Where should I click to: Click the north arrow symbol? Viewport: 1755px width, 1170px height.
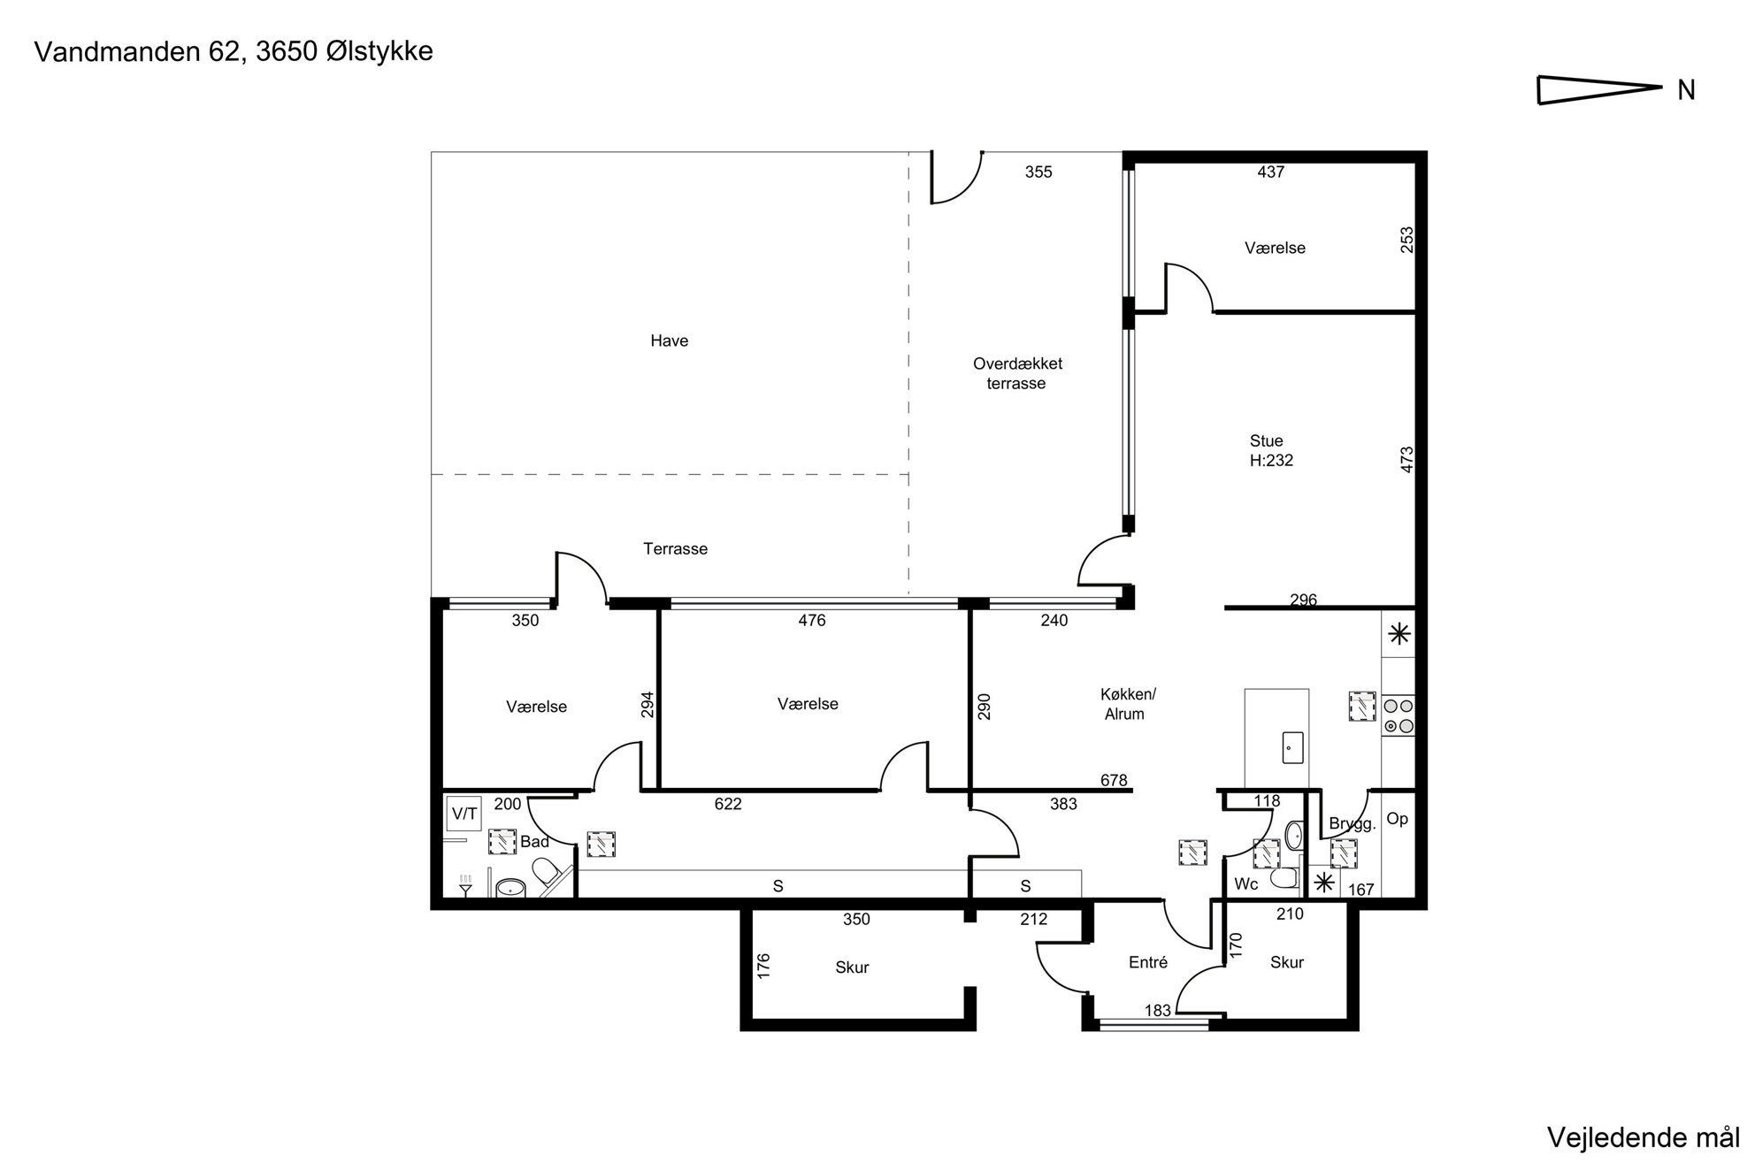(1599, 89)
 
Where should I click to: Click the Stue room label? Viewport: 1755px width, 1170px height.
(1266, 440)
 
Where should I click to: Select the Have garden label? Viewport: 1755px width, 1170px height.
(669, 340)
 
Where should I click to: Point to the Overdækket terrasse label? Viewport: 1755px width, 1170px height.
(1016, 373)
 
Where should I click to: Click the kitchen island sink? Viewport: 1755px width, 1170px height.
(1292, 747)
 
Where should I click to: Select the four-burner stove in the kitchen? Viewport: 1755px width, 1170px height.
(1398, 716)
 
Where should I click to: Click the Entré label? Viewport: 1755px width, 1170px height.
(1148, 962)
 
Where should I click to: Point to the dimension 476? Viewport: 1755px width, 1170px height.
(811, 620)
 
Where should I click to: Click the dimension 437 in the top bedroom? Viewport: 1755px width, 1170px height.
(1270, 172)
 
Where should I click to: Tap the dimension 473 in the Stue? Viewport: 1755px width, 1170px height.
(1406, 459)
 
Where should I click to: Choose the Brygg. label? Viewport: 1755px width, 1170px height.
(1353, 824)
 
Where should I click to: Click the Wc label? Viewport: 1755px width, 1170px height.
(1245, 884)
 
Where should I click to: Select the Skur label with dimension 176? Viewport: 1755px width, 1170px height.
(852, 967)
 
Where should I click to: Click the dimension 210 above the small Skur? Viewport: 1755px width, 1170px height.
(1290, 914)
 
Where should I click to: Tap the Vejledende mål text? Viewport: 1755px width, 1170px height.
(1643, 1138)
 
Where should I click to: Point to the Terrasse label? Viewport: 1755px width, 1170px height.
(675, 549)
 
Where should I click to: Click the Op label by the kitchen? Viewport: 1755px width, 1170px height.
(1397, 819)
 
